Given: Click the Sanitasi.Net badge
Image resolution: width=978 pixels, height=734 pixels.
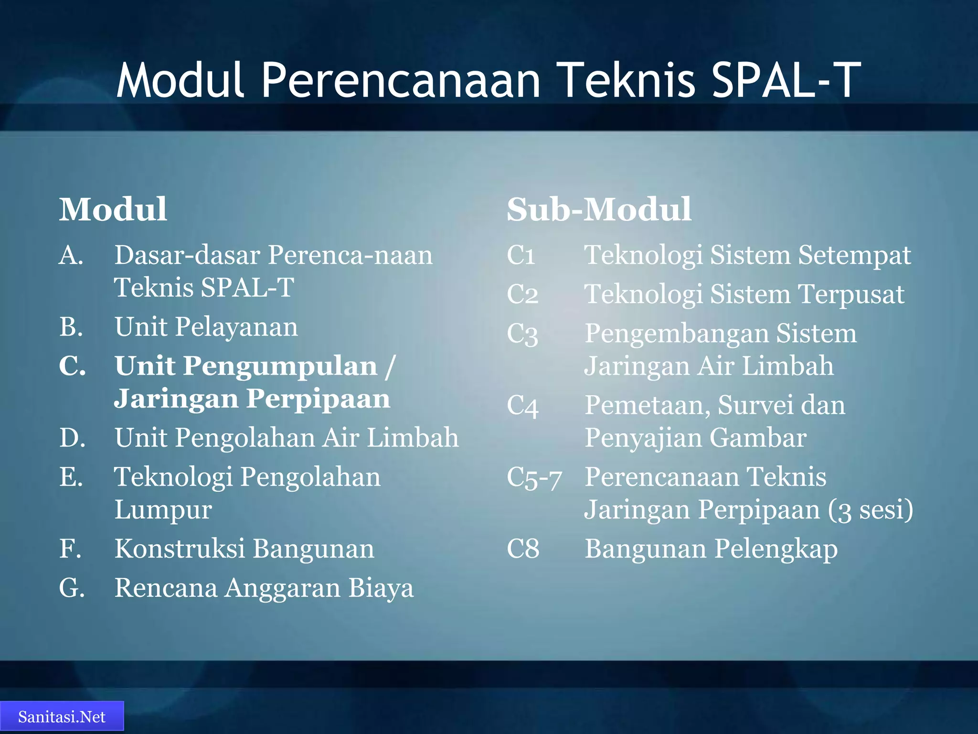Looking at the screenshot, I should (62, 716).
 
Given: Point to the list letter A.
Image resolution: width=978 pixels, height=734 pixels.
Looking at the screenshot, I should (71, 255).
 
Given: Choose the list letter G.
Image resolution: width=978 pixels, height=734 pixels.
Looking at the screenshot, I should (72, 588).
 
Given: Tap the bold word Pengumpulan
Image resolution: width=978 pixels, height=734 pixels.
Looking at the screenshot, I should (280, 367).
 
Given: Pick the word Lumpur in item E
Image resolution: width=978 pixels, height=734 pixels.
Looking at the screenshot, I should (163, 510).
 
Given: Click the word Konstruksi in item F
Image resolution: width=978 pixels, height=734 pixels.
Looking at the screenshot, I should (180, 549).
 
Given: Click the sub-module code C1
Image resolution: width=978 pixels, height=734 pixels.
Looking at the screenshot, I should (521, 255).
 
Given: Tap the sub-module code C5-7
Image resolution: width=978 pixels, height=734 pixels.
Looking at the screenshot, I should (534, 477).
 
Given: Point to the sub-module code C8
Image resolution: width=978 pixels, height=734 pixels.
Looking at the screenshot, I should (523, 549).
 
